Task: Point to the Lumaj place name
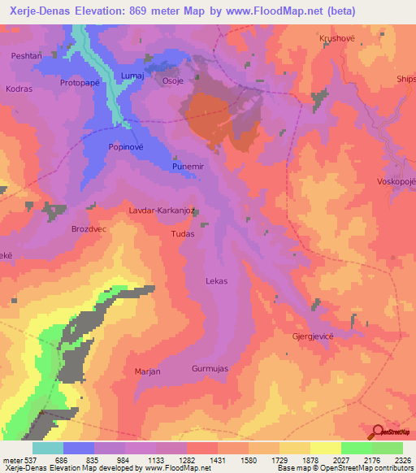pos(132,75)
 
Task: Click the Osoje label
pos(175,80)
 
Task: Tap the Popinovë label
pos(126,147)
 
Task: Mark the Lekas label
pos(216,280)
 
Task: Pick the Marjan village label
pos(147,371)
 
